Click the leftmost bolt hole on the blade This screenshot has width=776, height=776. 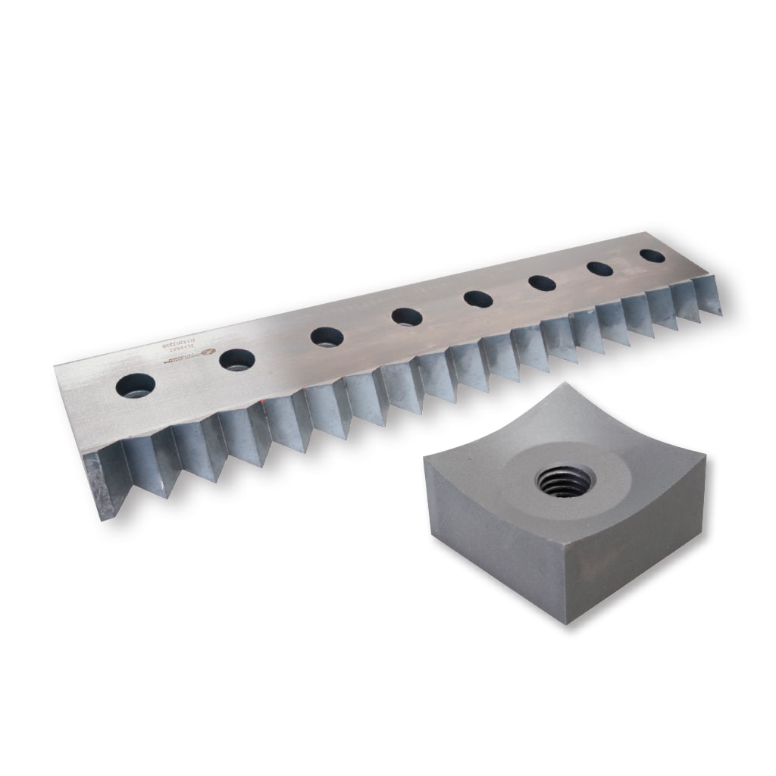click(136, 386)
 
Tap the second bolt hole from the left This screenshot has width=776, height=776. click(237, 360)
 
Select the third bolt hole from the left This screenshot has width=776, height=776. click(327, 336)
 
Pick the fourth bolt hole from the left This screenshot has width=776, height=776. click(408, 317)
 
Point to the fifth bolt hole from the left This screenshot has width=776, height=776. click(478, 299)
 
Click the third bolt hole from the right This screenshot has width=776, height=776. click(542, 283)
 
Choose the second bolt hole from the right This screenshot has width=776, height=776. click(599, 269)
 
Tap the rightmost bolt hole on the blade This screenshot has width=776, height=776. click(652, 256)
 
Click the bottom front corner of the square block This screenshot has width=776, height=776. click(566, 623)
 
